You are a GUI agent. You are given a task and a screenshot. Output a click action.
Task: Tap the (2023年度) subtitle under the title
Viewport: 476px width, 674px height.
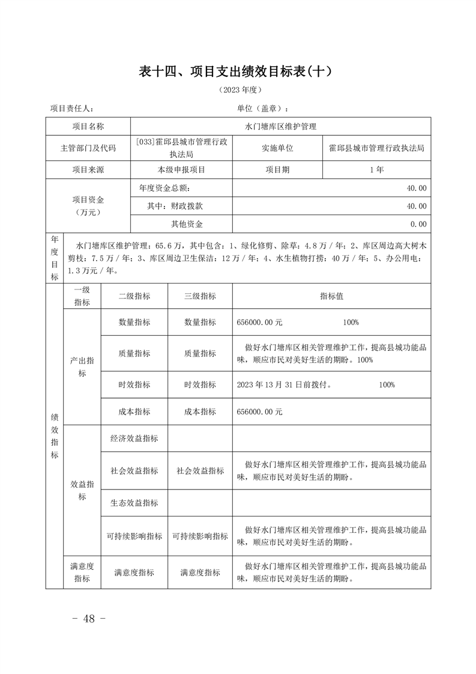pyautogui.click(x=238, y=91)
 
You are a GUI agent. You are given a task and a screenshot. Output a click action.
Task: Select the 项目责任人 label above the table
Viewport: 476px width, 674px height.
pyautogui.click(x=71, y=109)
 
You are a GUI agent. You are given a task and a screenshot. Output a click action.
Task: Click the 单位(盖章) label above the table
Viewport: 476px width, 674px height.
pyautogui.click(x=262, y=109)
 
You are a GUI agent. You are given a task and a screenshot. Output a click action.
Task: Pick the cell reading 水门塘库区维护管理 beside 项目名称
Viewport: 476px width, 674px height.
pyautogui.click(x=280, y=127)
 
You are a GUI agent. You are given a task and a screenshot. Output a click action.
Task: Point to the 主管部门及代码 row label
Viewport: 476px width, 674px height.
pyautogui.click(x=88, y=148)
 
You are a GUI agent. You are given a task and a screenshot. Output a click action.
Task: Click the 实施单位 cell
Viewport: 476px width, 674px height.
pyautogui.click(x=277, y=148)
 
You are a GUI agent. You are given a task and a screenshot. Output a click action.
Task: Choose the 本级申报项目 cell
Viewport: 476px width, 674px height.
pyautogui.click(x=181, y=169)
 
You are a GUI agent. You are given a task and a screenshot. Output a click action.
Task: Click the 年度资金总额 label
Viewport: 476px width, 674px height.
pyautogui.click(x=164, y=188)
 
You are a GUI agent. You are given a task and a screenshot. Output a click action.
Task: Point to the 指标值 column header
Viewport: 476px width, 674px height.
pyautogui.click(x=331, y=296)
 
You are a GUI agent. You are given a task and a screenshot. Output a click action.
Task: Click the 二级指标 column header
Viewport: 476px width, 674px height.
pyautogui.click(x=134, y=296)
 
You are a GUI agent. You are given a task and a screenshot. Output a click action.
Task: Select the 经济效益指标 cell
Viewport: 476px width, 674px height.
pyautogui.click(x=134, y=439)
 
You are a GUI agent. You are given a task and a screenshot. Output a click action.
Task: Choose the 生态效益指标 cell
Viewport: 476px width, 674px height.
pyautogui.click(x=134, y=503)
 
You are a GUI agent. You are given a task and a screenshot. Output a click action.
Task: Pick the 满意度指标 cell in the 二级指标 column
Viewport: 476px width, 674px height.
pyautogui.click(x=134, y=572)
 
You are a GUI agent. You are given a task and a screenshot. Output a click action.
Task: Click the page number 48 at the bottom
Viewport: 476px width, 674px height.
pyautogui.click(x=89, y=619)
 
